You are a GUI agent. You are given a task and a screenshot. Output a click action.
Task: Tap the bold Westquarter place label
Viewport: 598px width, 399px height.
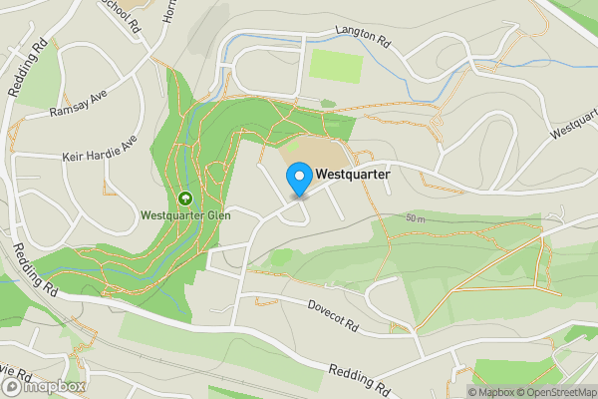(352, 174)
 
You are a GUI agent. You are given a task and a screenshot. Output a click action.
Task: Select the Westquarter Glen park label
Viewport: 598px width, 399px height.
(185, 213)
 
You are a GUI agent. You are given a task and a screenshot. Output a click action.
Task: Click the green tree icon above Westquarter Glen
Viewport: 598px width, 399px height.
(185, 198)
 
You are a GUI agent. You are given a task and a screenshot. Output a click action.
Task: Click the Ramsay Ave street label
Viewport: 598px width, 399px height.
(77, 106)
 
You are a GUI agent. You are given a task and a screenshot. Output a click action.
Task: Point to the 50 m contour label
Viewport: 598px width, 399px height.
(416, 217)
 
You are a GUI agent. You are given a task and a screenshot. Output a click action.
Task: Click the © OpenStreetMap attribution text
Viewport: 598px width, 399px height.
(556, 392)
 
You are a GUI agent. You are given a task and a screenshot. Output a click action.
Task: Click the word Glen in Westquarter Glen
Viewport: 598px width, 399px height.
(217, 213)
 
